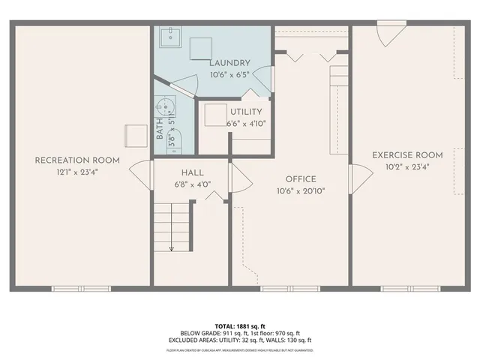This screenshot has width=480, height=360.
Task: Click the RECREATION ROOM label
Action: tap(77, 160)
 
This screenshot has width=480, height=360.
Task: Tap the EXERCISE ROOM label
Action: tap(407, 154)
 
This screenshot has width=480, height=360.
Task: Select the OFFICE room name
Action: tap(300, 179)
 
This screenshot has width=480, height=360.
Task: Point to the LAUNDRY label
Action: tap(229, 63)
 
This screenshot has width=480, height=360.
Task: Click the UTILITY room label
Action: tap(246, 112)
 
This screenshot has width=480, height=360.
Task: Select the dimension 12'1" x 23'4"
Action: tap(77, 172)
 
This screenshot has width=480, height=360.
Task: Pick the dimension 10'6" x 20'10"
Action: tap(300, 191)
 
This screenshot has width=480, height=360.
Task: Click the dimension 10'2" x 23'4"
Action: tap(407, 166)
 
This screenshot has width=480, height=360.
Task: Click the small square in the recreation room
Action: tap(134, 136)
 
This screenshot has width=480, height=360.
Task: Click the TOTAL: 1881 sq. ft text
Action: tap(240, 326)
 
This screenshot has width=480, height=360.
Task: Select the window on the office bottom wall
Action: tap(281, 288)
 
